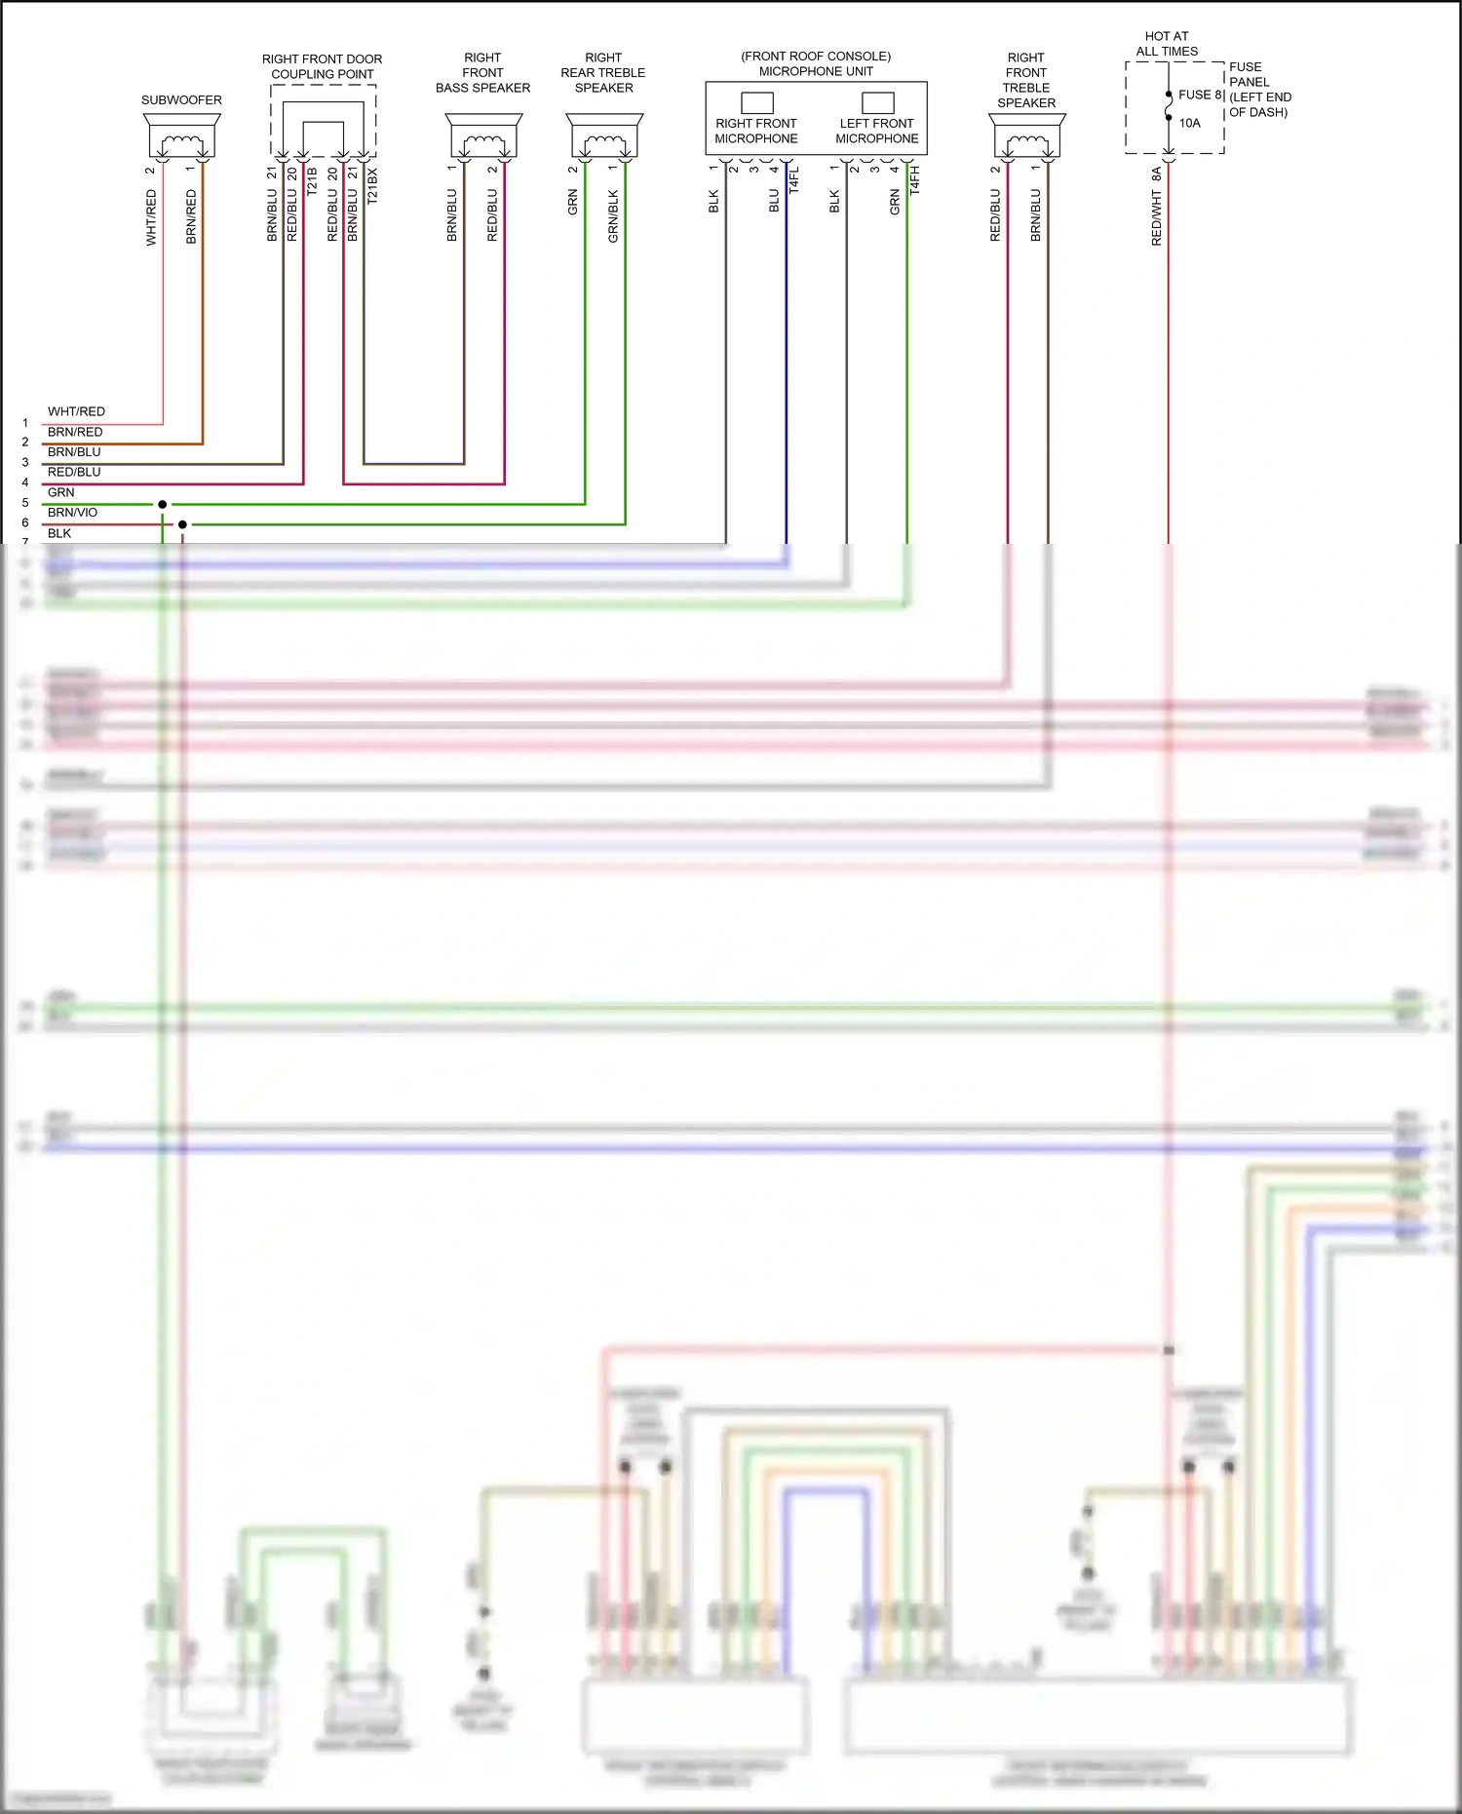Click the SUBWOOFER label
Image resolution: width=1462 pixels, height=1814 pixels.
point(181,100)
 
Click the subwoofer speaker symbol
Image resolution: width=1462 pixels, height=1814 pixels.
point(181,136)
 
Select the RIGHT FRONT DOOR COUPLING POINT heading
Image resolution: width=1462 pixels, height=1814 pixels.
point(322,66)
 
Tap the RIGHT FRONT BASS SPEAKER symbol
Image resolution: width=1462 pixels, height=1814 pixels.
point(483,136)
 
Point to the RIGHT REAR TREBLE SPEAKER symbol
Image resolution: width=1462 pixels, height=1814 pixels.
point(604,136)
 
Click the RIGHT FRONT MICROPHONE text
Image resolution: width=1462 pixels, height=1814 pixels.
point(755,131)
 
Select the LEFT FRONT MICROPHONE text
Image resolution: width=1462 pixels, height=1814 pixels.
point(876,131)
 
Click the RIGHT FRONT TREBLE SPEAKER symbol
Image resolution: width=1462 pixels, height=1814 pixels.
point(1027,136)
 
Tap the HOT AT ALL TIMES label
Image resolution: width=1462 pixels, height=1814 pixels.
point(1167,44)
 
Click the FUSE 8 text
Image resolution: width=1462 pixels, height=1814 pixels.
point(1200,95)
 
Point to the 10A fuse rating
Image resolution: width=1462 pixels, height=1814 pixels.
point(1189,123)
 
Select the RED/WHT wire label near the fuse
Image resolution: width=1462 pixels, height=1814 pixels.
point(1157,217)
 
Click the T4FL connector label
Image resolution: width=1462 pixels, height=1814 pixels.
point(793,180)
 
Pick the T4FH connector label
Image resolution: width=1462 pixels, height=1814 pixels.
point(914,180)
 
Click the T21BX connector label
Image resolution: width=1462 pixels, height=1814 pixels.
point(372,185)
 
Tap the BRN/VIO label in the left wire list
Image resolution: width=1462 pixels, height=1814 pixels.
point(72,513)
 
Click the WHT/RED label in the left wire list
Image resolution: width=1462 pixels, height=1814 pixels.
point(76,411)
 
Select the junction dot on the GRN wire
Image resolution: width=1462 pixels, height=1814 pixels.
point(162,504)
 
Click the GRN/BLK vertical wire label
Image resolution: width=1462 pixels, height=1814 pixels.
point(613,215)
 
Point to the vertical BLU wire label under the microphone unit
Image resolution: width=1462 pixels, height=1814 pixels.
point(774,201)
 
